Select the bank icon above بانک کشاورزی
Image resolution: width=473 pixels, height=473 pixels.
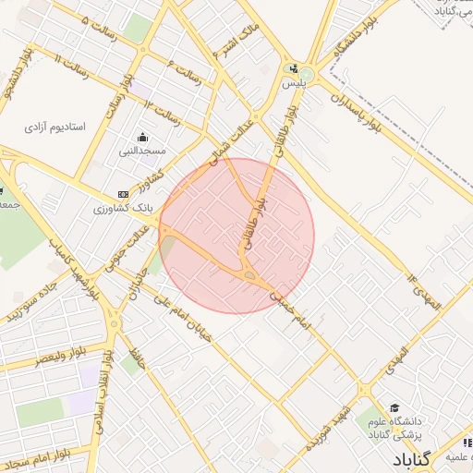pos(123,194)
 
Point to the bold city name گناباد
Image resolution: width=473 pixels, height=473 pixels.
pos(411,459)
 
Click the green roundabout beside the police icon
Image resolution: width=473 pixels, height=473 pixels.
pos(306,75)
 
